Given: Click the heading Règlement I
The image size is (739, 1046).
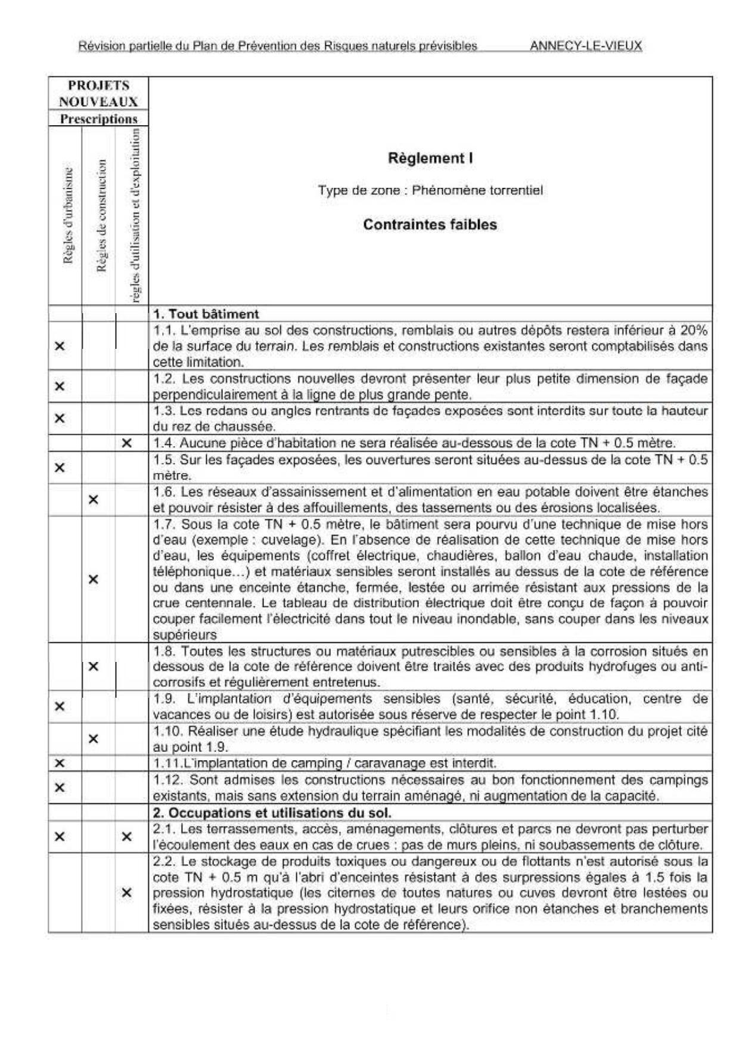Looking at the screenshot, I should [430, 158].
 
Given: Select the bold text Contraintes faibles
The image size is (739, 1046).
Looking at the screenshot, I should [430, 225].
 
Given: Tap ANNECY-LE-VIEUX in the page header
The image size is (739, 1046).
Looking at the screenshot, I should [585, 46].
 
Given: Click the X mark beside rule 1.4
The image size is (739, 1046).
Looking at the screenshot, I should [126, 443].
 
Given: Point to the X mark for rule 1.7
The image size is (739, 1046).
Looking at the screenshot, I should [93, 579].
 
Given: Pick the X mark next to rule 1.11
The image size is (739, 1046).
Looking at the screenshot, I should [60, 763].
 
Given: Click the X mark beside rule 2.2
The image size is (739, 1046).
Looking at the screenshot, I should [126, 893].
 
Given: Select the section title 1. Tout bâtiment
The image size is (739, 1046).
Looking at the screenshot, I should [206, 314].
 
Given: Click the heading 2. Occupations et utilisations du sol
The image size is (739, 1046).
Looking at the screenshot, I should [272, 812].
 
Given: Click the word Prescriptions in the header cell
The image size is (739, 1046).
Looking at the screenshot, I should [98, 119].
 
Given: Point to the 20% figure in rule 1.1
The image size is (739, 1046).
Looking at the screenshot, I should [694, 330].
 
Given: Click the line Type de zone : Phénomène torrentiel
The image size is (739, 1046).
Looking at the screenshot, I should [430, 191].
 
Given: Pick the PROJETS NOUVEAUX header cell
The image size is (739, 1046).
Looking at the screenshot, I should [98, 94].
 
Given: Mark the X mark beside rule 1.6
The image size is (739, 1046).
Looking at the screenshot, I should [93, 500].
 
